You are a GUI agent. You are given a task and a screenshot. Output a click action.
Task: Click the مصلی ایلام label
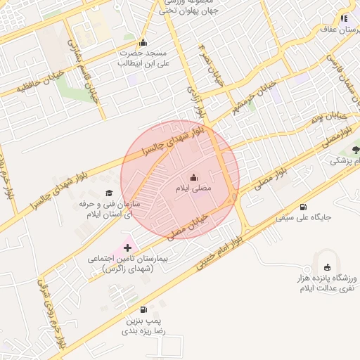pos(193,188)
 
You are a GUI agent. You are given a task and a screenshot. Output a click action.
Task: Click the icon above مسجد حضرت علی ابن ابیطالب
pos(143,42)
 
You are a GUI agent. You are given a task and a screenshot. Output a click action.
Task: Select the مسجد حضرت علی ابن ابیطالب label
pos(143,58)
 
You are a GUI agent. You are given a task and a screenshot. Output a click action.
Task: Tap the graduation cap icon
pos(108,193)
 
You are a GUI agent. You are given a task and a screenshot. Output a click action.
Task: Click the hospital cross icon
pos(127,247)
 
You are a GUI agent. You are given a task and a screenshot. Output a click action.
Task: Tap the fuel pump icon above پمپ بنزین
pos(144,309)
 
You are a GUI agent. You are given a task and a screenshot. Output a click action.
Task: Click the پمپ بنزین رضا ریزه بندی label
pos(145,325)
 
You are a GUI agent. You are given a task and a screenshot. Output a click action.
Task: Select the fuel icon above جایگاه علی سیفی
pos(303,207)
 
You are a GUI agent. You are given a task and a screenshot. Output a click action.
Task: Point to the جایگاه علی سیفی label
pos(303,218)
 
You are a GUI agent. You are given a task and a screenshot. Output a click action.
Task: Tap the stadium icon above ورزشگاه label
pos(327,266)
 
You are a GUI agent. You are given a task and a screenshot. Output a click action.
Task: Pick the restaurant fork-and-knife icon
pos(344,18)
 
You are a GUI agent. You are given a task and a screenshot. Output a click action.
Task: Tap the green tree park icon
pos(356,149)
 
